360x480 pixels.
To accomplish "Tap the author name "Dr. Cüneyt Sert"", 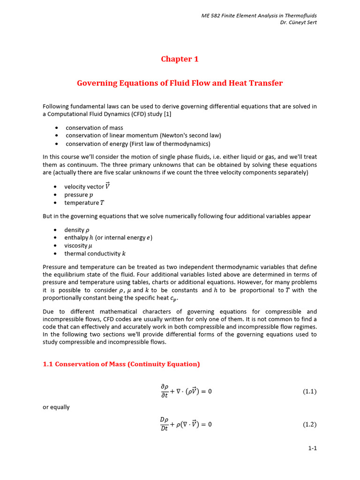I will click(x=298, y=23).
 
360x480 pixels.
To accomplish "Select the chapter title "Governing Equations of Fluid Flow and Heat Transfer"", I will click(x=180, y=83).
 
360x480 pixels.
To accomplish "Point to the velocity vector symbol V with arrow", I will click(x=107, y=186).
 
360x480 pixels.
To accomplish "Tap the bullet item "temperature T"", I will click(x=84, y=202).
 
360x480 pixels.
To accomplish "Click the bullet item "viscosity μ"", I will click(x=78, y=246).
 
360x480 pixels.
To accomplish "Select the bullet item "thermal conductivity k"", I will click(x=95, y=254).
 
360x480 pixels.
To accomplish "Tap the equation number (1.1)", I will click(x=310, y=391).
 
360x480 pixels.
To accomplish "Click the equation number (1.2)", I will click(x=310, y=425).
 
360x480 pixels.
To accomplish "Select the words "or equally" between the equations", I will click(x=56, y=407).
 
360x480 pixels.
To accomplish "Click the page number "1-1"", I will click(x=312, y=448).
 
